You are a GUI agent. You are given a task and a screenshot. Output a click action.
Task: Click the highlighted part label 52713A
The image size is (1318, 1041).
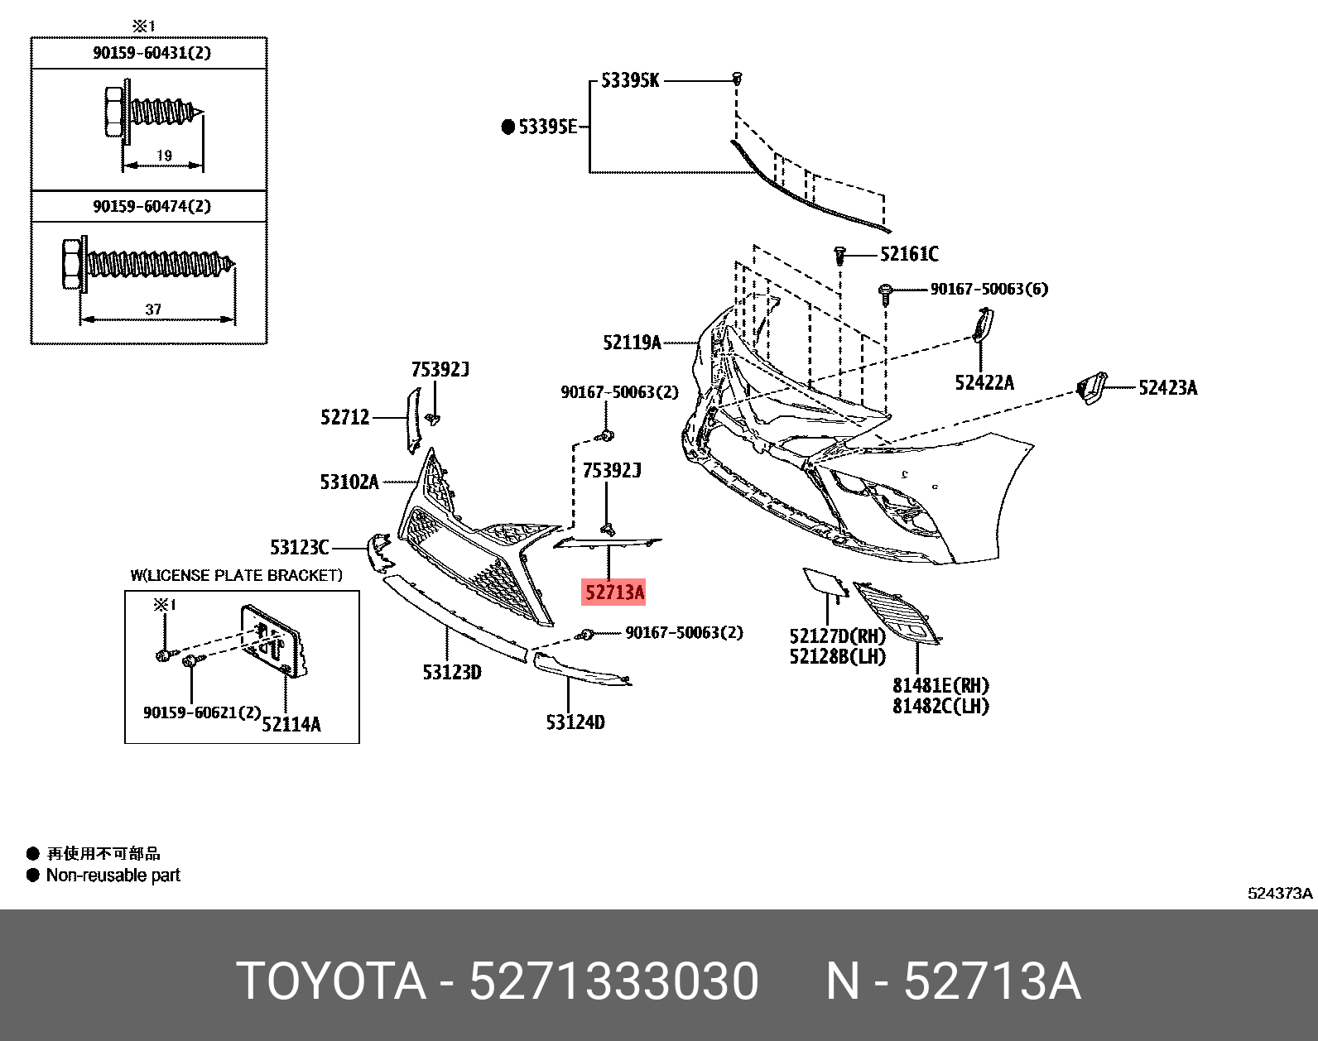pyautogui.click(x=613, y=592)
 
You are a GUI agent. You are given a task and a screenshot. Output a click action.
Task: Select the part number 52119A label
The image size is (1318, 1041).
pyautogui.click(x=632, y=342)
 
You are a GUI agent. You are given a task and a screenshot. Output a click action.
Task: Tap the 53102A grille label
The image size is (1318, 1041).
pyautogui.click(x=349, y=481)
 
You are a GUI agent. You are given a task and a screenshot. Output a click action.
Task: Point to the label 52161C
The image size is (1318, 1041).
pyautogui.click(x=909, y=254)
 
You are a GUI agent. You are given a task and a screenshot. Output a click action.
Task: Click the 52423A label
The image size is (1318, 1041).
pyautogui.click(x=1167, y=387)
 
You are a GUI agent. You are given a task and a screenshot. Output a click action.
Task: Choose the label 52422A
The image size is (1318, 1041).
pyautogui.click(x=984, y=382)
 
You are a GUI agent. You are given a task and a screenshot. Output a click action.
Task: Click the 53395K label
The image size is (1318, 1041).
pyautogui.click(x=630, y=81)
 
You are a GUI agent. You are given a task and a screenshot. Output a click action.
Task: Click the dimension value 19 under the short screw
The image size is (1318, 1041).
pyautogui.click(x=163, y=155)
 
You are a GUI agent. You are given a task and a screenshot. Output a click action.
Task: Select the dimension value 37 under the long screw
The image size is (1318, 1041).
pyautogui.click(x=153, y=309)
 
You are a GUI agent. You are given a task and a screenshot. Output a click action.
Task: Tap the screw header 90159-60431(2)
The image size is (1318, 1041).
pyautogui.click(x=152, y=53)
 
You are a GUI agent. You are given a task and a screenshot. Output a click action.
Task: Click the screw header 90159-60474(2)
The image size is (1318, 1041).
pyautogui.click(x=152, y=206)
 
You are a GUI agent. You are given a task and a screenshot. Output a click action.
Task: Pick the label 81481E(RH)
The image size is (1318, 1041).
pyautogui.click(x=940, y=685)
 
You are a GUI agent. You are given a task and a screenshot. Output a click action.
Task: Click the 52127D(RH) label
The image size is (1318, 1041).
pyautogui.click(x=837, y=636)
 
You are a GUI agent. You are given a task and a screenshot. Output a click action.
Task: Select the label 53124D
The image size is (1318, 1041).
pyautogui.click(x=575, y=722)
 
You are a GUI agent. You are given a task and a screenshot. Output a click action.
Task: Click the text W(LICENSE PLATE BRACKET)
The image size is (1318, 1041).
pyautogui.click(x=236, y=575)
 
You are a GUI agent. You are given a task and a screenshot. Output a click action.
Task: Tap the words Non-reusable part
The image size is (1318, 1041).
pyautogui.click(x=113, y=875)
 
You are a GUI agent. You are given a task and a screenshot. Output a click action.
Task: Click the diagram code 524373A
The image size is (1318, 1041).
pyautogui.click(x=1280, y=894)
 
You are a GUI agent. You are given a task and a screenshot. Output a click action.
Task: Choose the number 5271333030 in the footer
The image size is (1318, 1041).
pyautogui.click(x=613, y=981)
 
